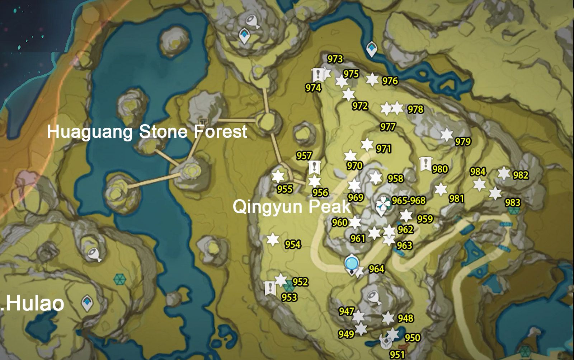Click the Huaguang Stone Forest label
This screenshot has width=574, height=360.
click(x=147, y=132)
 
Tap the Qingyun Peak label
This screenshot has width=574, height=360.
click(x=291, y=207)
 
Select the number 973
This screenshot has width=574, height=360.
click(x=335, y=59)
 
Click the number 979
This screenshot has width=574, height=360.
click(x=463, y=142)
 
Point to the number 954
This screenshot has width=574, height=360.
click(x=293, y=244)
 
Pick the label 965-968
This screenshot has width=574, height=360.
click(x=409, y=200)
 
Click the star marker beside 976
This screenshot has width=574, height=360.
click(x=372, y=79)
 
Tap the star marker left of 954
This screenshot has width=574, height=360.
click(x=273, y=239)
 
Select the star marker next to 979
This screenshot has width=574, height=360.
click(x=447, y=135)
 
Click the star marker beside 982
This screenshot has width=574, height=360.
click(x=504, y=173)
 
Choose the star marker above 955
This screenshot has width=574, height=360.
click(x=278, y=176)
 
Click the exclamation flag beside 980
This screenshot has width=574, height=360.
click(x=425, y=164)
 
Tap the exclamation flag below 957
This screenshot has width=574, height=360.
click(x=314, y=167)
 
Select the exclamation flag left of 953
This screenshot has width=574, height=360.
click(x=270, y=288)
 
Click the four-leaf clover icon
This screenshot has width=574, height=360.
click(x=383, y=205)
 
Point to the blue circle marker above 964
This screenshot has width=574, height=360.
click(x=351, y=263)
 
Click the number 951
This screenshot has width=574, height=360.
click(x=397, y=355)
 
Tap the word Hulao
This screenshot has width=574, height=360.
click(x=35, y=304)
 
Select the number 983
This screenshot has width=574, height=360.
click(x=513, y=203)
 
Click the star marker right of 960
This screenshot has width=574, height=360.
click(x=355, y=223)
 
